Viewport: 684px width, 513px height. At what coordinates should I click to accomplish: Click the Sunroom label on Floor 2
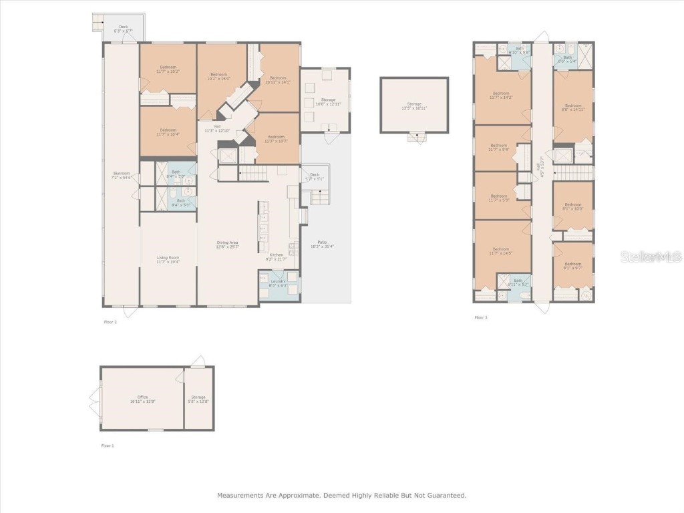121,175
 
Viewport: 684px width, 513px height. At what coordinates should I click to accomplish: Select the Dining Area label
228,244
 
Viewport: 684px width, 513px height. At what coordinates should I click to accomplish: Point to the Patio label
322,244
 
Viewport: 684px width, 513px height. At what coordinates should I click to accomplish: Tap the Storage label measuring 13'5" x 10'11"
414,106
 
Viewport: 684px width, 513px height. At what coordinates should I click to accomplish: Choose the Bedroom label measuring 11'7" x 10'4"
168,132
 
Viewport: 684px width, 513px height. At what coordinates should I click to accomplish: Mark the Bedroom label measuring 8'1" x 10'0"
573,206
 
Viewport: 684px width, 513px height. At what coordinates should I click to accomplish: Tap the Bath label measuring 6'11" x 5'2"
518,282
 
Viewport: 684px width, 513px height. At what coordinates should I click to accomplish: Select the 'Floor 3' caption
481,317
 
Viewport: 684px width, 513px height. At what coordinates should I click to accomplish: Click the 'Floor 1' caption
107,445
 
